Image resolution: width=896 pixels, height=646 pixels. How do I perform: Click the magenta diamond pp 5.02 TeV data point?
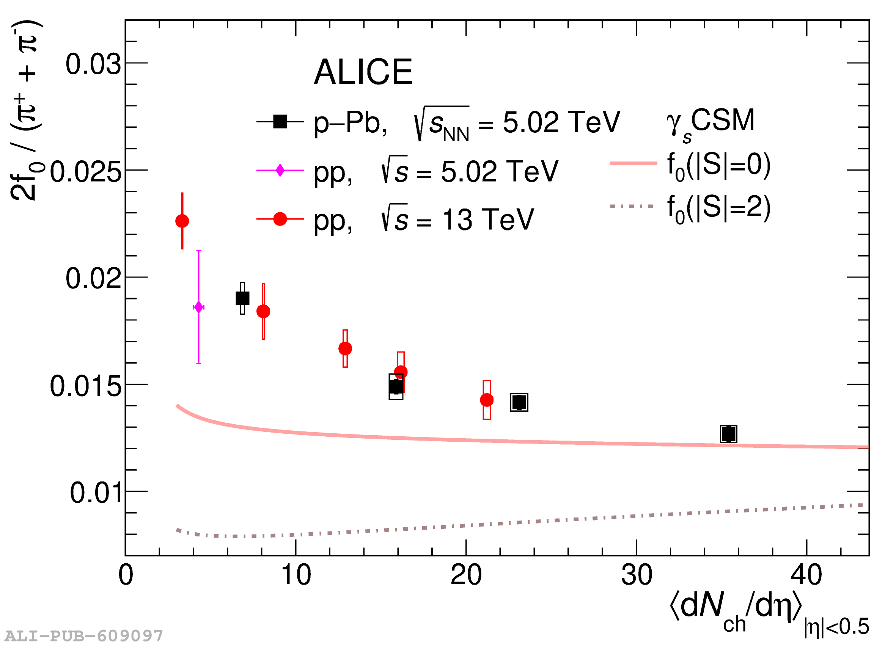[199, 307]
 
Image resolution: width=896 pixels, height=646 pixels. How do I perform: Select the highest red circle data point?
[182, 221]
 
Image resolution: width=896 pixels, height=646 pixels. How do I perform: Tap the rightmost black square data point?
[728, 434]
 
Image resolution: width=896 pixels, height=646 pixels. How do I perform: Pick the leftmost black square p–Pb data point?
[242, 298]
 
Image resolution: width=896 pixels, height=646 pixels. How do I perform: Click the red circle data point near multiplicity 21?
[487, 400]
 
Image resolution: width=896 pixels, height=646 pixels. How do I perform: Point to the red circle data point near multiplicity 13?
[345, 348]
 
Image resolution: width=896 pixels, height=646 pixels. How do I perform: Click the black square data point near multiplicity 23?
[519, 402]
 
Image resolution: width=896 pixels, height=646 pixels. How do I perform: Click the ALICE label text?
[363, 72]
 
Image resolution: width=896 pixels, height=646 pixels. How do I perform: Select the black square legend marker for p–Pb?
[280, 122]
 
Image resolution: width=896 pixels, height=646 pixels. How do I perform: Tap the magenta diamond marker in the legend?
[280, 170]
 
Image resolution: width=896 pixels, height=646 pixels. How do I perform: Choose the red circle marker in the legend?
[280, 219]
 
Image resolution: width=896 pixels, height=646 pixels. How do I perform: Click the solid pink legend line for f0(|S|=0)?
[633, 163]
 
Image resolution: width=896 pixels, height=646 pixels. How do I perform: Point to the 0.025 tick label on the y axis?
[85, 172]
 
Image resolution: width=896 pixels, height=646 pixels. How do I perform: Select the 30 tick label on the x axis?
[637, 575]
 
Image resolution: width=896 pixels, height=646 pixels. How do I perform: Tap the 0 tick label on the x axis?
[126, 575]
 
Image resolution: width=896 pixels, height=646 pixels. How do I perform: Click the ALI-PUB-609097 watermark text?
[84, 636]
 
